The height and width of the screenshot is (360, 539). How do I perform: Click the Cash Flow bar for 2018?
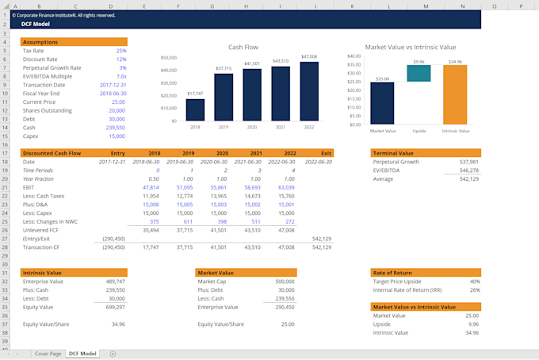tap(195, 109)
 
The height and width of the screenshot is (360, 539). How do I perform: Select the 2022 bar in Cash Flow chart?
tap(309, 91)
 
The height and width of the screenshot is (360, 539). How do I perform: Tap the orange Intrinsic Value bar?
tap(455, 94)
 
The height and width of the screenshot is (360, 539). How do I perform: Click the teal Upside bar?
tap(419, 73)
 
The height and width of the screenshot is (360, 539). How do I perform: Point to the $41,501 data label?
tap(252, 63)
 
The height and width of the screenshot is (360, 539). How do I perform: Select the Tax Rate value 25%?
tap(120, 51)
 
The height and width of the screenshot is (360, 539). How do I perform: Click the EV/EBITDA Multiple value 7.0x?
tap(120, 76)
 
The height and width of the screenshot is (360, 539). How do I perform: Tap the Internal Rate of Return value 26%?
tap(474, 289)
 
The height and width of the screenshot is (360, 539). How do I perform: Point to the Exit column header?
tap(325, 152)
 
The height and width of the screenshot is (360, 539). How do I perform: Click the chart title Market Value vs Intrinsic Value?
tap(410, 47)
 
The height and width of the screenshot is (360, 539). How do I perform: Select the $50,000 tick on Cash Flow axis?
tap(169, 58)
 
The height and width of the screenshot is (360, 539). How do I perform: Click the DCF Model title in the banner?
tap(37, 24)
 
